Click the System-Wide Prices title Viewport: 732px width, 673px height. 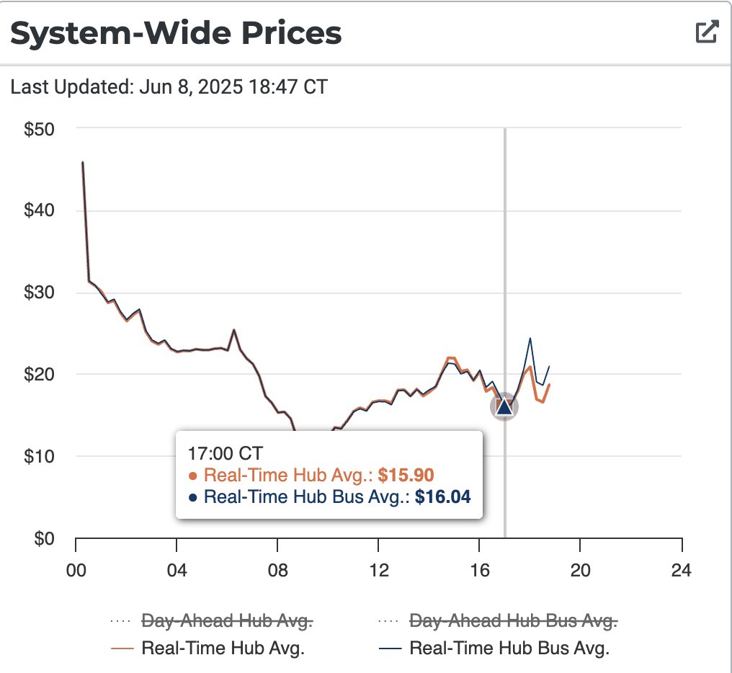point(176,34)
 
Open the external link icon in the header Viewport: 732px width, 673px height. point(706,32)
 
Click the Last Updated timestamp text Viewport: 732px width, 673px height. point(169,87)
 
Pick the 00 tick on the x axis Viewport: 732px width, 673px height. point(75,571)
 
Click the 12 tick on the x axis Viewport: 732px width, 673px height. point(378,571)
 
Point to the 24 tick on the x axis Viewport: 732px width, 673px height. point(681,571)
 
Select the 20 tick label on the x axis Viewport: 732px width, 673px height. point(580,571)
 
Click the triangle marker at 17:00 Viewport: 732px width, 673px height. point(504,407)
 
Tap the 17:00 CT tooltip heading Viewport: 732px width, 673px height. point(226,453)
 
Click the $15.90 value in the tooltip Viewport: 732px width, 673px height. point(406,475)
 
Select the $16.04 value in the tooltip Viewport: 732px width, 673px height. point(443,496)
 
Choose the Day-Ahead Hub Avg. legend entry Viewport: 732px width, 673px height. point(227,620)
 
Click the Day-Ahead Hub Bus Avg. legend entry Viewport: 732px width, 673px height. point(512,620)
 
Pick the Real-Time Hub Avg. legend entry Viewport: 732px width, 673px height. point(223,647)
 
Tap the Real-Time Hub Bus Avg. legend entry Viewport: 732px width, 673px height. point(509,647)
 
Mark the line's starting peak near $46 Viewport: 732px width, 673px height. point(83,163)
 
